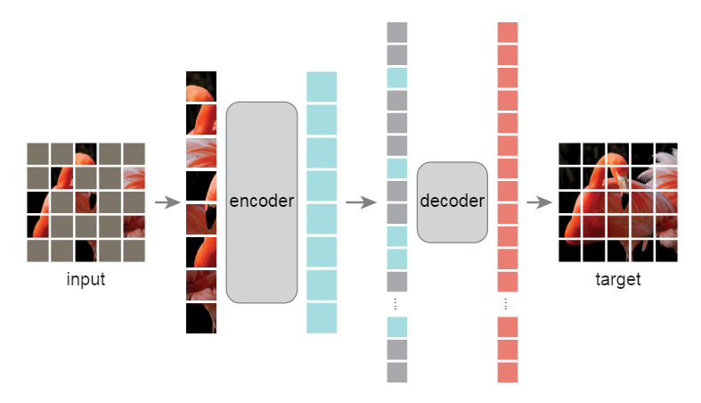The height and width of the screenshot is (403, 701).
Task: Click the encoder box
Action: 261,201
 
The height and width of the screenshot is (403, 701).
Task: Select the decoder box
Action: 452,201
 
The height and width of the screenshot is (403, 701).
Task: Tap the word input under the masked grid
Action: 86,280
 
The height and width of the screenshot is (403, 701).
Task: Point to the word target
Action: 617,280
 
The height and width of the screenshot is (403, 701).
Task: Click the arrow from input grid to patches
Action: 167,202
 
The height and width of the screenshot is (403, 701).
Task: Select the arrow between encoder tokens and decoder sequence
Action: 360,202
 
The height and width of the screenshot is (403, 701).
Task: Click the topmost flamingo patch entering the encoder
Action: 201,86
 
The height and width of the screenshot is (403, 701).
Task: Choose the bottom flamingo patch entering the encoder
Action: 201,318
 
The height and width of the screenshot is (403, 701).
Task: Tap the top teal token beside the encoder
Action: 322,86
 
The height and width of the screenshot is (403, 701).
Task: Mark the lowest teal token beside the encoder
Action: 322,318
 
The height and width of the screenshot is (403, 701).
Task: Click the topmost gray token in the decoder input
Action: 397,32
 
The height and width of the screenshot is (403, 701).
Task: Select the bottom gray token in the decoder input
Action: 397,372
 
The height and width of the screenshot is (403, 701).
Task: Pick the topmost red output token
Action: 507,32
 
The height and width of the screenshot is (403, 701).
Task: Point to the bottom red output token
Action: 507,372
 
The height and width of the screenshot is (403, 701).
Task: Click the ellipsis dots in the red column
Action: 507,304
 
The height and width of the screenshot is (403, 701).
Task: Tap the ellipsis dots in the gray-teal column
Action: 397,304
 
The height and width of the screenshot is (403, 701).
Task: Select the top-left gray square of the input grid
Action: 37,153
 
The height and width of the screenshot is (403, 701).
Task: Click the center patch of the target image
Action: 618,202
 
